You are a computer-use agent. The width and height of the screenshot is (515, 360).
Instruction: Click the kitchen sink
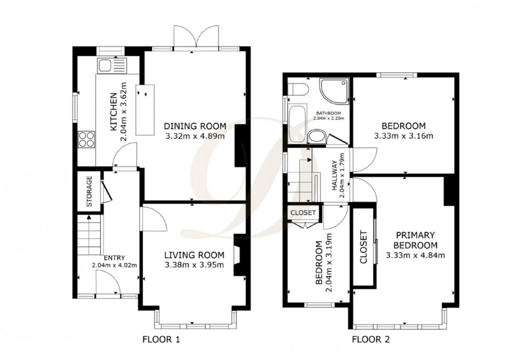(x=111, y=66)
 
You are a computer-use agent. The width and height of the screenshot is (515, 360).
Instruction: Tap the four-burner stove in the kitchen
(x=86, y=139)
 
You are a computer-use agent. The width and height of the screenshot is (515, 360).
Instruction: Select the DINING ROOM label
(x=195, y=126)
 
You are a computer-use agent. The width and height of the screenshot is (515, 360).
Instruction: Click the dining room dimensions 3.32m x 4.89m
(x=195, y=136)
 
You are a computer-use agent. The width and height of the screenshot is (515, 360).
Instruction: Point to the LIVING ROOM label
(x=194, y=255)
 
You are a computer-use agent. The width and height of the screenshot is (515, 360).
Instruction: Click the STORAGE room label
(x=89, y=192)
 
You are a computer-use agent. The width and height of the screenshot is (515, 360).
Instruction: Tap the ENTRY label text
(x=115, y=258)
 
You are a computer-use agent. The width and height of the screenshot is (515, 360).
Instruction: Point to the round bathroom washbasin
(x=316, y=138)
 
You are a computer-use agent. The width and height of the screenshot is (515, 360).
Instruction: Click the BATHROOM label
(x=328, y=114)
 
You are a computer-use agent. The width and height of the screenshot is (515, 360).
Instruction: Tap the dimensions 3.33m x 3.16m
(x=403, y=136)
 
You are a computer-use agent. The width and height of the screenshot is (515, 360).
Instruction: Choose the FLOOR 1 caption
(x=162, y=340)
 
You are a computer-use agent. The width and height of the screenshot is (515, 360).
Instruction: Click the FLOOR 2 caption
(x=371, y=340)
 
